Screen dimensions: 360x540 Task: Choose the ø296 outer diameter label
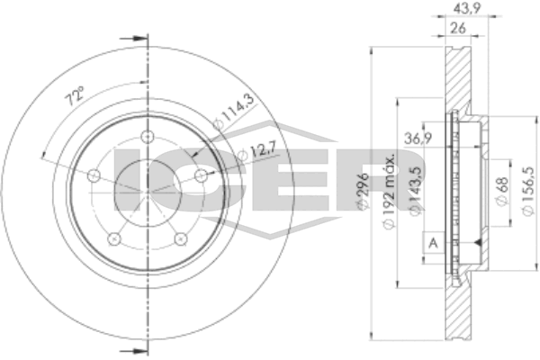(x=362, y=192)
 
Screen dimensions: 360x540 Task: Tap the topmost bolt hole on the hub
(x=147, y=138)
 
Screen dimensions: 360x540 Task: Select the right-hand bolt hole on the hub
(x=201, y=176)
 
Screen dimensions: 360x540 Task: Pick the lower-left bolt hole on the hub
(x=113, y=239)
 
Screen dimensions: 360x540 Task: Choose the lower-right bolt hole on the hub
(x=180, y=239)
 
